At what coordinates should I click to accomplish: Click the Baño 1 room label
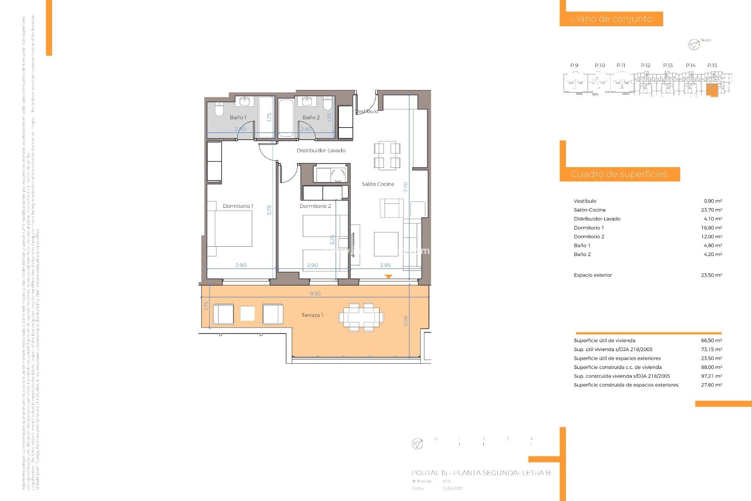tap(238, 117)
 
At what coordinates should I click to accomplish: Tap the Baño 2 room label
tap(311, 117)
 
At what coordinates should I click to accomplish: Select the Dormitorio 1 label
tap(238, 206)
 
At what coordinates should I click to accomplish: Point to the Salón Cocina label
tap(378, 184)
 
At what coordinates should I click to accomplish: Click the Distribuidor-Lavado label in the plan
tap(321, 151)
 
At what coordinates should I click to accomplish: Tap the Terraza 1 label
tap(312, 315)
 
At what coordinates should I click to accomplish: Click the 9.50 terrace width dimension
tap(315, 294)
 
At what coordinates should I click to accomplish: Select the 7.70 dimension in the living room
tap(406, 187)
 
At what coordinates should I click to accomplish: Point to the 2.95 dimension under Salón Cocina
tap(385, 265)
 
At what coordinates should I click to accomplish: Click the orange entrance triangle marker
tap(388, 276)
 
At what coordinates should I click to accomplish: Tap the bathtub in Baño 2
tap(286, 118)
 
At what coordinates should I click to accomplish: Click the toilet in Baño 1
tap(219, 109)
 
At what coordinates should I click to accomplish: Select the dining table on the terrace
tap(361, 317)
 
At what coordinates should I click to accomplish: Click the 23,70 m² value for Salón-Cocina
tap(711, 210)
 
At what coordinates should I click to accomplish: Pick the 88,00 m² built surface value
tap(711, 368)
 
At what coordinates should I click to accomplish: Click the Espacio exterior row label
tap(593, 275)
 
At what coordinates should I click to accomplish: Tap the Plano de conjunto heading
tap(611, 19)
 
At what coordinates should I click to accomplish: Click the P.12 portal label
tap(645, 65)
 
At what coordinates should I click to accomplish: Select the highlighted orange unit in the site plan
tap(712, 90)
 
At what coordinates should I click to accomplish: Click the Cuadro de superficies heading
tap(619, 174)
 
